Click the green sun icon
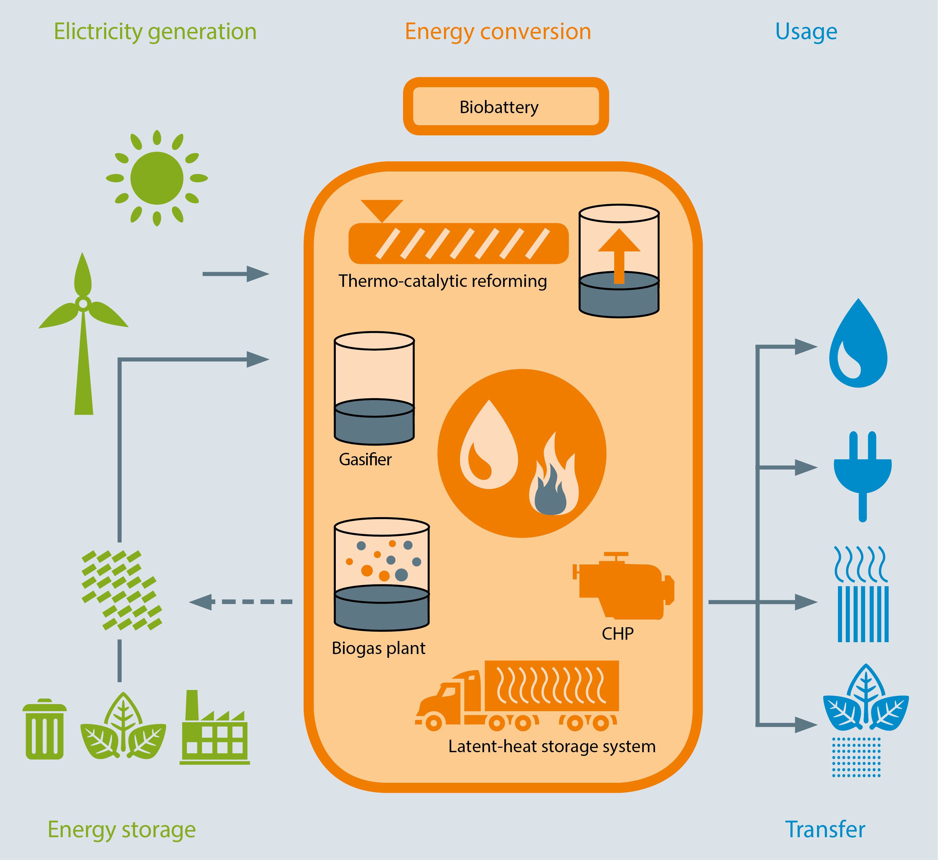tap(157, 178)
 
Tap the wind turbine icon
tap(83, 333)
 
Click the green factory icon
tap(214, 727)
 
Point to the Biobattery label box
tap(506, 107)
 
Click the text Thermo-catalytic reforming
tap(443, 281)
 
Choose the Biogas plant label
tap(378, 648)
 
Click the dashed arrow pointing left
tap(241, 602)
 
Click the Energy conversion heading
tap(498, 32)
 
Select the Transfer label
tap(825, 829)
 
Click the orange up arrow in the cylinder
tap(619, 256)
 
